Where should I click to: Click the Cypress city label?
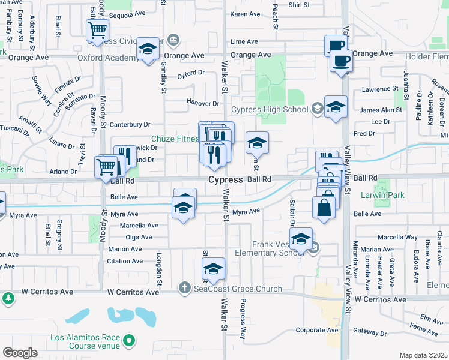click(x=225, y=179)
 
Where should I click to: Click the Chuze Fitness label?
click(x=175, y=139)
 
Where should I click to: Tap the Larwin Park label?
click(x=383, y=195)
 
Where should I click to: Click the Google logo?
click(x=20, y=353)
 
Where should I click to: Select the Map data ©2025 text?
click(x=423, y=355)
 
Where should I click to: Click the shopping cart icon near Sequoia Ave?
click(x=97, y=30)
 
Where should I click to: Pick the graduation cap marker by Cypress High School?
click(x=336, y=107)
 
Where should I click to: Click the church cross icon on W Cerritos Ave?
click(x=185, y=289)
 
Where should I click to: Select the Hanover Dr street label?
click(x=200, y=102)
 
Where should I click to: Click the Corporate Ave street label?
click(x=316, y=329)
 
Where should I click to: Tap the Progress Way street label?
click(x=243, y=318)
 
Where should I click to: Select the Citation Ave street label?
click(x=125, y=261)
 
